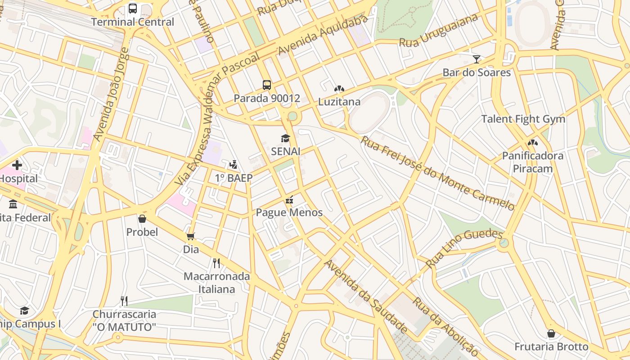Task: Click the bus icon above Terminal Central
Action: coord(133,8)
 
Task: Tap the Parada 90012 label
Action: coord(266,98)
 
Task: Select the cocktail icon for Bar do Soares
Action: coord(477,59)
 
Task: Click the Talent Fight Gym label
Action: coord(523,119)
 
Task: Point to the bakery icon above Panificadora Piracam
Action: coord(533,143)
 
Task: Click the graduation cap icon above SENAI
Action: coord(285,138)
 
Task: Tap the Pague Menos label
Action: coord(289,212)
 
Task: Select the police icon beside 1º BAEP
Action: coord(233,165)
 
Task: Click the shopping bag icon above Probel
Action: coord(142,219)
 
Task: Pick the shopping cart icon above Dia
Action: coord(191,236)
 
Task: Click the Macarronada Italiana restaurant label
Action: coord(216,283)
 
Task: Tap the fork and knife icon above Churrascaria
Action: coord(124,301)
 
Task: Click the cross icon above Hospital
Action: coord(17,165)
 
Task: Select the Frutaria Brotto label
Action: coord(551,347)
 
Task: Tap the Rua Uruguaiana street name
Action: coord(439,31)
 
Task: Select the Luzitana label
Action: coord(339,102)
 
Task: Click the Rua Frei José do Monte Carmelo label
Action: coord(437,173)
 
